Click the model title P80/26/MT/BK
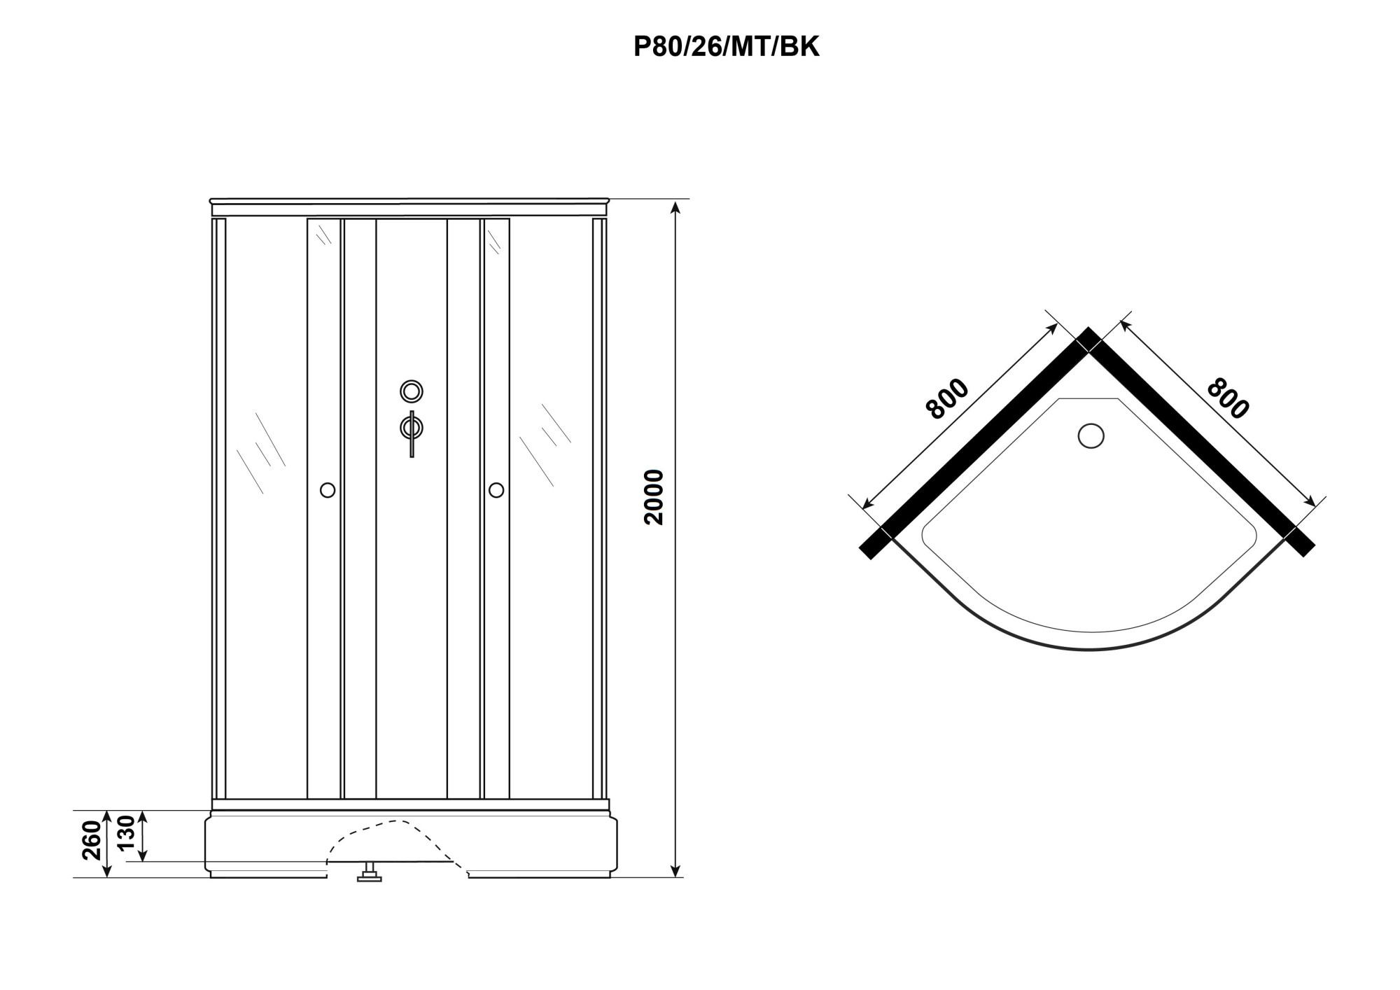[727, 47]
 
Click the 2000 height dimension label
[654, 497]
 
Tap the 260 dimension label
[94, 842]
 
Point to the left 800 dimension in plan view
[947, 399]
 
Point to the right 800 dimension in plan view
[1228, 398]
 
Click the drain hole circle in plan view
[1091, 435]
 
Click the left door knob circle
[328, 490]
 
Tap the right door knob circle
[496, 490]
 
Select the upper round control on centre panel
[412, 391]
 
